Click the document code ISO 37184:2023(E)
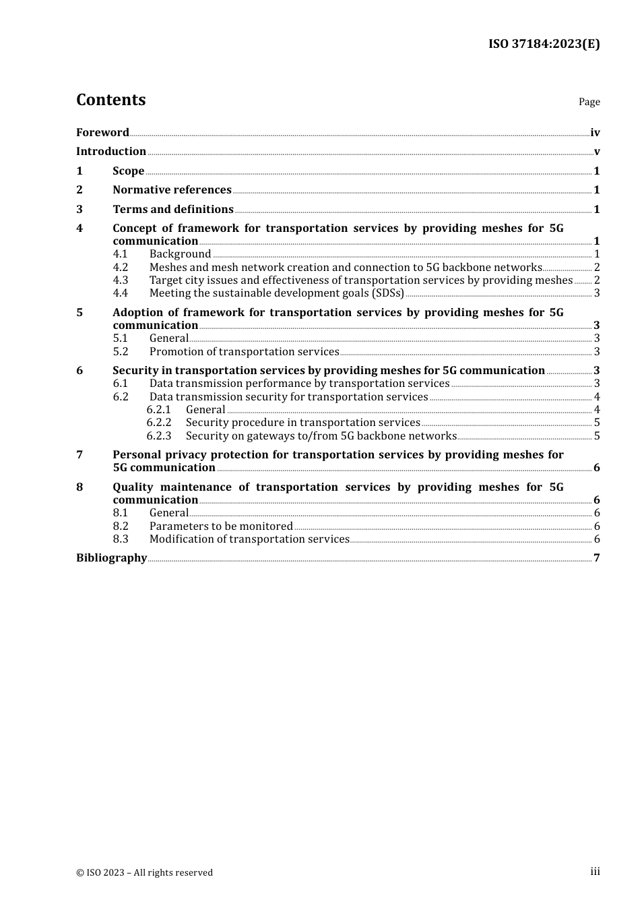[544, 44]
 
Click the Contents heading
[110, 100]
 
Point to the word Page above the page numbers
[589, 102]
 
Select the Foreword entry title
[102, 133]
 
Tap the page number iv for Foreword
[595, 133]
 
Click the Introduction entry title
[111, 152]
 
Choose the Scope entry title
[128, 171]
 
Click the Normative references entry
[172, 190]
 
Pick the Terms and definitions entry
[173, 210]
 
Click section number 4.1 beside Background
[120, 254]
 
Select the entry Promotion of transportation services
[244, 352]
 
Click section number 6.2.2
[159, 423]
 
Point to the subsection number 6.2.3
[159, 436]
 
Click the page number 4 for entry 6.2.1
[597, 410]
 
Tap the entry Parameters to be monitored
[221, 526]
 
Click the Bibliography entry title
[111, 558]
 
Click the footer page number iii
[595, 872]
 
